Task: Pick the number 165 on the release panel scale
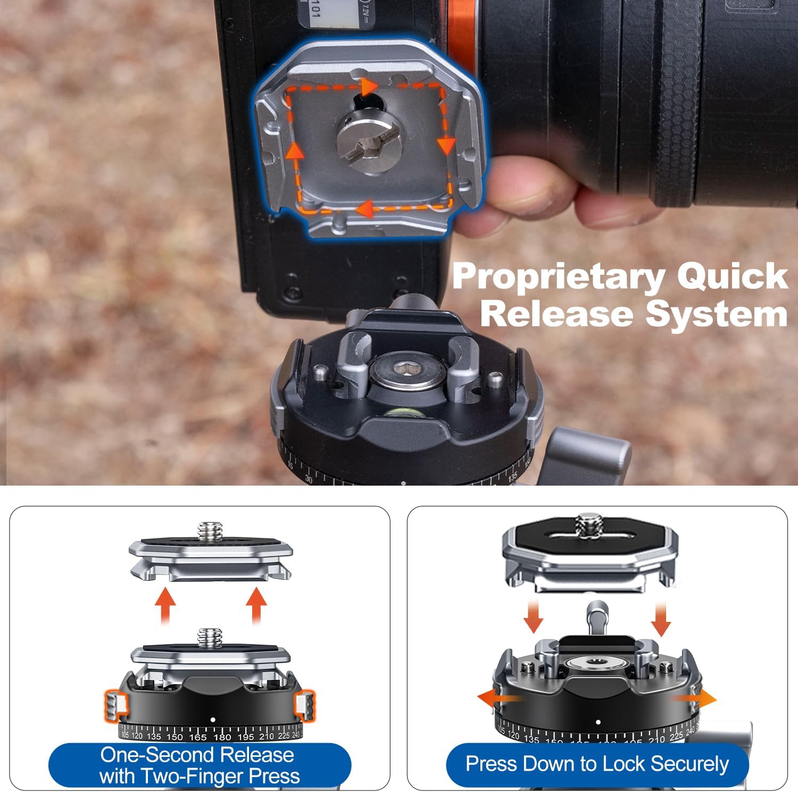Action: coord(197,737)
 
